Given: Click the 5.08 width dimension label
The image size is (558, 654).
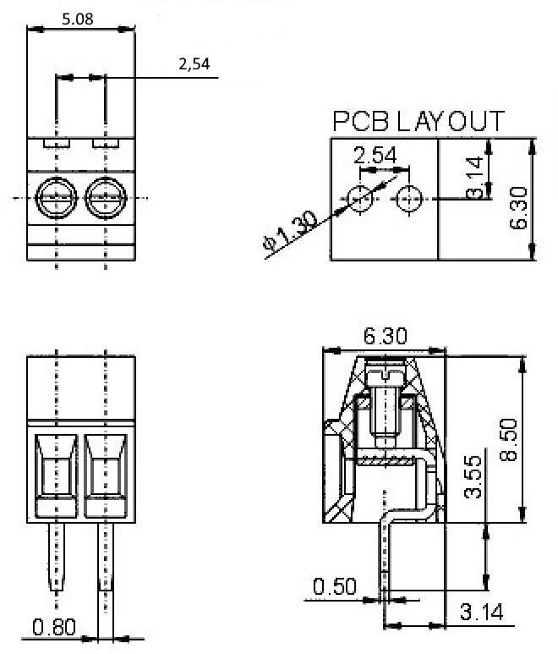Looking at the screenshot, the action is point(78,19).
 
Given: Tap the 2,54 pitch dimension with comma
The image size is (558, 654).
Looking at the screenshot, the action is point(194,63).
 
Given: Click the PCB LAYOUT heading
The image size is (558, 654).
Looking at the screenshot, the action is point(418,121).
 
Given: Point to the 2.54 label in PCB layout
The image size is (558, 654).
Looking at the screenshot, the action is point(375,155).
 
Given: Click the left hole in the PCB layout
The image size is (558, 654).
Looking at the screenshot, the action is point(360,199).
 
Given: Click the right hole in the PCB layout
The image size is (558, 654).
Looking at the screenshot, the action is point(409,199).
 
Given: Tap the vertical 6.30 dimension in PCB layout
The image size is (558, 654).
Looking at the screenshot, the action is point(518,208).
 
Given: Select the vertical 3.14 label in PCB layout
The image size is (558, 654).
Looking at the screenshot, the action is point(474,178).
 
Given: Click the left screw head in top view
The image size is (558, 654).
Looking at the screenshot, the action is point(57,198).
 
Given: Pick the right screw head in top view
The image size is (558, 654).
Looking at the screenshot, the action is point(106,198).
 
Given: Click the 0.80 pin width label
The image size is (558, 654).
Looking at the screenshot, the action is point(54,627).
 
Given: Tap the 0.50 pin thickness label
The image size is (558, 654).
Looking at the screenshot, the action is point(335,586).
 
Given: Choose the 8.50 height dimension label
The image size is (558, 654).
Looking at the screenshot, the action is point(508,440).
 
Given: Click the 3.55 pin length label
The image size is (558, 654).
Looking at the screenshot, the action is point(473,477).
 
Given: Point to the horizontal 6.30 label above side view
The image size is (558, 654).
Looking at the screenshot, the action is point(385,336).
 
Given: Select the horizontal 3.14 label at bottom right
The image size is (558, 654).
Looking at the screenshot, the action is point(482,613).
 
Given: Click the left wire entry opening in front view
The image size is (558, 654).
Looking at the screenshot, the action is point(57,475).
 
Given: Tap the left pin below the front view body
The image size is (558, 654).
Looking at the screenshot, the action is point(57,557).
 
